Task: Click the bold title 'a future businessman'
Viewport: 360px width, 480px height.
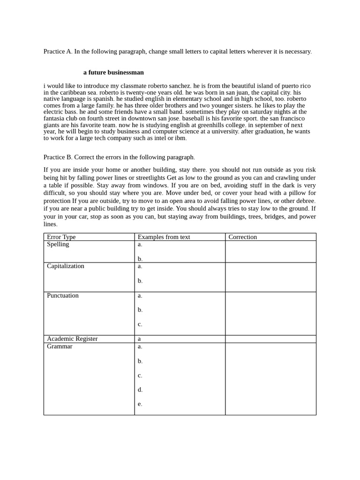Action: tap(113, 73)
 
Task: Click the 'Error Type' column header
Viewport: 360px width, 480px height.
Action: tap(61, 237)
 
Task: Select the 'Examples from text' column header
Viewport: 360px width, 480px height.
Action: tap(164, 237)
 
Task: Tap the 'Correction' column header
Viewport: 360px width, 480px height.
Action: tap(242, 237)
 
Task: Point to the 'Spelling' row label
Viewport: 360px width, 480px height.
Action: tap(58, 244)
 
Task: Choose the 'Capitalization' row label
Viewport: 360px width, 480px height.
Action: tap(65, 266)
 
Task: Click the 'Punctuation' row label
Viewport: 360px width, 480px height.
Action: tap(62, 296)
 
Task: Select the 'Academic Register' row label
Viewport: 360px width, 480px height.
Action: tap(72, 339)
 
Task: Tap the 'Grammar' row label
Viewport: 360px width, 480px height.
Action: tap(60, 346)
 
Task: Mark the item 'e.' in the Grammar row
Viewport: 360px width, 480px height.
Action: tap(140, 404)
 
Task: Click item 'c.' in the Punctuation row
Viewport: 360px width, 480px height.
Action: tap(140, 324)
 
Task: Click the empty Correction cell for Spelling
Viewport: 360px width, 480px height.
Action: tap(270, 252)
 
